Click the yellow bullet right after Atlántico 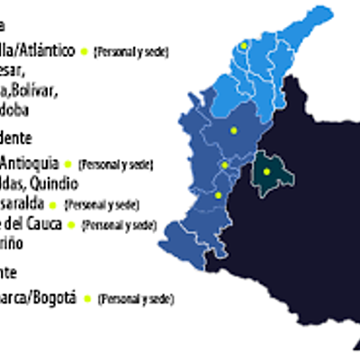click(85, 51)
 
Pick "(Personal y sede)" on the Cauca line click(119, 224)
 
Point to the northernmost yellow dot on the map click(243, 42)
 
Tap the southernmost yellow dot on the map click(218, 193)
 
